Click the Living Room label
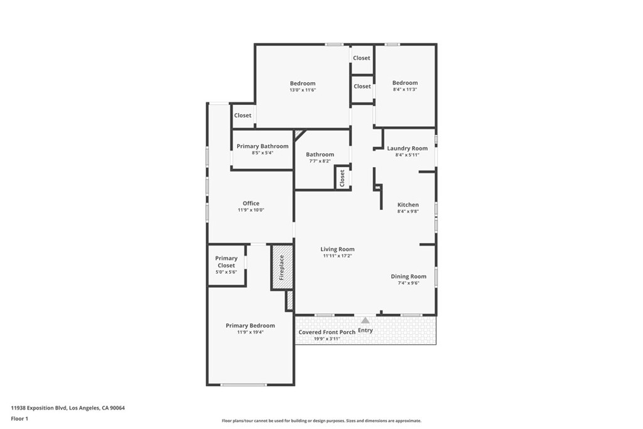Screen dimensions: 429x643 pyautogui.click(x=338, y=249)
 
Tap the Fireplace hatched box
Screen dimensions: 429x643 pyautogui.click(x=282, y=267)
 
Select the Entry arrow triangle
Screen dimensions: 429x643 pyautogui.click(x=365, y=320)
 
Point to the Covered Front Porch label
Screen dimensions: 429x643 pyautogui.click(x=327, y=332)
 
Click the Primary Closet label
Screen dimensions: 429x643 pyautogui.click(x=226, y=262)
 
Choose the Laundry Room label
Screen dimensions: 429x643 pyautogui.click(x=407, y=148)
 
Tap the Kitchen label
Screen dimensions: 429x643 pyautogui.click(x=408, y=205)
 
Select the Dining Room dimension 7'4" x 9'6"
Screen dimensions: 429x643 pyautogui.click(x=408, y=283)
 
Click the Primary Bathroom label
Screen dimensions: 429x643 pyautogui.click(x=262, y=146)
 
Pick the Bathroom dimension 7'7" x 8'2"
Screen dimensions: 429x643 pyautogui.click(x=320, y=161)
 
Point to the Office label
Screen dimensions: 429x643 pyautogui.click(x=251, y=204)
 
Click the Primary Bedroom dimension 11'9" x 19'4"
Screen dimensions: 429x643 pyautogui.click(x=250, y=332)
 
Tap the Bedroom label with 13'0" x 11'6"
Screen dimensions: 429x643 pyautogui.click(x=302, y=84)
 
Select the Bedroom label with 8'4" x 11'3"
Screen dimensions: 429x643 pyautogui.click(x=404, y=83)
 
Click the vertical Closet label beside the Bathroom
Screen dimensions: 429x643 pyautogui.click(x=342, y=178)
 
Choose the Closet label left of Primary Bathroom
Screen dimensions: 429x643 pyautogui.click(x=242, y=116)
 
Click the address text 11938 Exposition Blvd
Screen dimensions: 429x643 pyautogui.click(x=68, y=408)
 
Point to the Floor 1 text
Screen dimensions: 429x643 pyautogui.click(x=19, y=418)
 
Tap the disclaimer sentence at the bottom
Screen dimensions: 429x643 pyautogui.click(x=321, y=421)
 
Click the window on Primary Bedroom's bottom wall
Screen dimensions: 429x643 pyautogui.click(x=243, y=384)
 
